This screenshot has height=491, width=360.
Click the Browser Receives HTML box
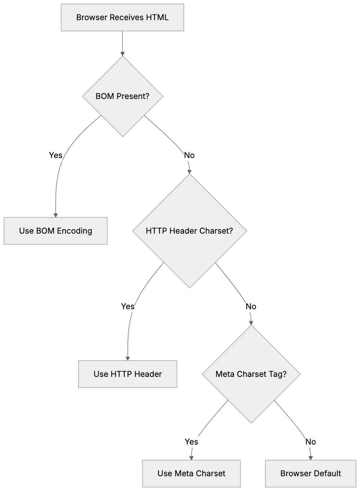click(x=122, y=17)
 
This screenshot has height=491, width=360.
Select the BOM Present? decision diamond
click(x=122, y=96)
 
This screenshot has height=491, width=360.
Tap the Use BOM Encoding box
click(x=55, y=231)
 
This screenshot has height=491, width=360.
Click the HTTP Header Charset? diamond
click(x=189, y=231)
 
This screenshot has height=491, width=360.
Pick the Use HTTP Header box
click(x=127, y=374)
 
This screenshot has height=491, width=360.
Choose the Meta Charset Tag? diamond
click(x=251, y=374)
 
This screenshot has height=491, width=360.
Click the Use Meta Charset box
click(x=191, y=473)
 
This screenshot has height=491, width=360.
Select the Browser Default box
click(x=310, y=473)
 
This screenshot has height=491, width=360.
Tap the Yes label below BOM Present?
click(x=55, y=155)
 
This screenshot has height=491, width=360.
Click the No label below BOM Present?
click(x=189, y=155)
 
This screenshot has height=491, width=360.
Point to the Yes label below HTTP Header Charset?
click(x=127, y=306)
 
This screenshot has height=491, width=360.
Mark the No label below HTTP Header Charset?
click(x=251, y=306)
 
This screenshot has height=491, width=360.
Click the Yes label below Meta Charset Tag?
click(x=191, y=442)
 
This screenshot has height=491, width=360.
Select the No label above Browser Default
click(x=310, y=442)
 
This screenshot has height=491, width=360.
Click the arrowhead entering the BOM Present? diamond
click(x=122, y=54)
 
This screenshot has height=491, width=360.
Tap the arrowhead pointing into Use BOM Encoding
click(x=55, y=215)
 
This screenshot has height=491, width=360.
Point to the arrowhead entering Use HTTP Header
click(x=127, y=358)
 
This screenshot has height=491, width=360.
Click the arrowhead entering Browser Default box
click(x=310, y=458)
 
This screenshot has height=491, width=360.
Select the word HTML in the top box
click(x=157, y=17)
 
